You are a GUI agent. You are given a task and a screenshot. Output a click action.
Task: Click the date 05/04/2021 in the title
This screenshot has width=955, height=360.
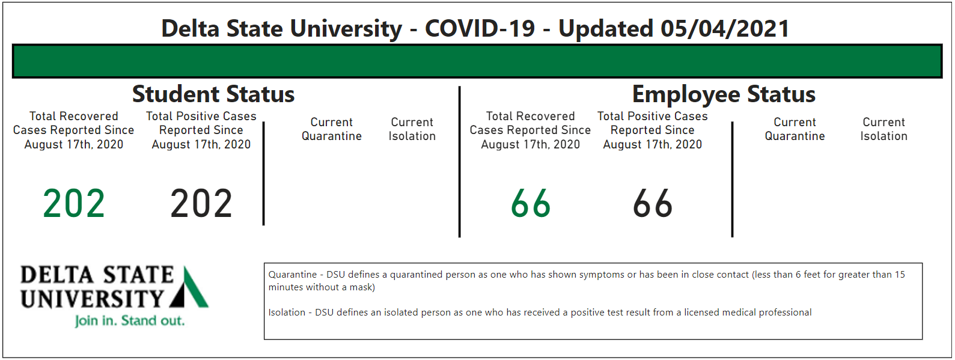725,29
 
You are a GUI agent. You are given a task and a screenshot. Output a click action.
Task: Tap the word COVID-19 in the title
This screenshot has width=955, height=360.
480,29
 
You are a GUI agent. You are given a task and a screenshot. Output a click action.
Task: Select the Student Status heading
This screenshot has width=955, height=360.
213,94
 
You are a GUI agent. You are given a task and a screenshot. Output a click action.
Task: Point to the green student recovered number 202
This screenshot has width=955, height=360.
74,204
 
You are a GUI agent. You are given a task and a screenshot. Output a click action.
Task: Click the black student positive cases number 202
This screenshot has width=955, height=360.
201,204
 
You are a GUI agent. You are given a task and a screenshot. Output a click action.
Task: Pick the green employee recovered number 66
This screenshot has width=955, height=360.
531,204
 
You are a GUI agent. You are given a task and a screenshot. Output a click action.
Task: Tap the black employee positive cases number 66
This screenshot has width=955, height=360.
653,204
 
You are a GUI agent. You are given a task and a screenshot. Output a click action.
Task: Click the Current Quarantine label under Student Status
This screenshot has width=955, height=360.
332,129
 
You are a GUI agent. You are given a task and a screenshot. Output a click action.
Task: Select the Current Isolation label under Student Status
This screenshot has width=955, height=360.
412,129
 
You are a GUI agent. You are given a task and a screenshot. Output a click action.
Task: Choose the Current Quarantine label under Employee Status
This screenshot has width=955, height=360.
795,129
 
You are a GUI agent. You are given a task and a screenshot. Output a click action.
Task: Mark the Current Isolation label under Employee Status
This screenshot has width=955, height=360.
884,129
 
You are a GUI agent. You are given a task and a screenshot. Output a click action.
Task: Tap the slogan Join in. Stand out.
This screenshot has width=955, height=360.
130,321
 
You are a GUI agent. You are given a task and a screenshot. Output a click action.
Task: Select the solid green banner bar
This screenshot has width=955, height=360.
477,61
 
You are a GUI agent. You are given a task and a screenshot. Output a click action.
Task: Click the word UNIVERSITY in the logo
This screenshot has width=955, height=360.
92,299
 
